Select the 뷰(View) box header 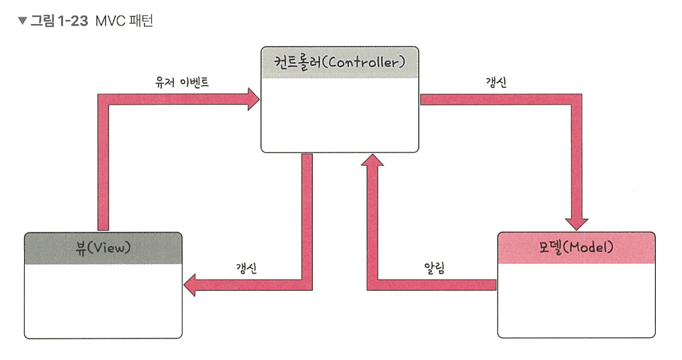tap(103, 248)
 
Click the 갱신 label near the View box tap(247, 267)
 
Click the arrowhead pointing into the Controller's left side tap(254, 100)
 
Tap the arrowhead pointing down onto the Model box tap(577, 224)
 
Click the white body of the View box tap(103, 300)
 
